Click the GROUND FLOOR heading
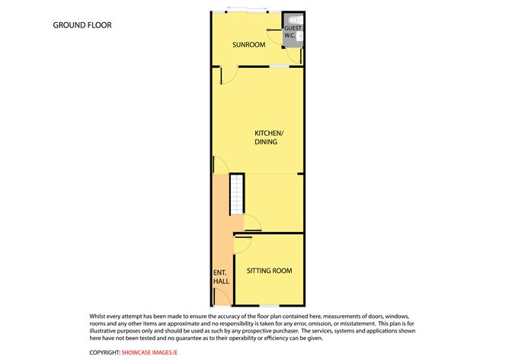82,25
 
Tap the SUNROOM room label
248,45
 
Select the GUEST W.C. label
293,31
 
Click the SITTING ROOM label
269,271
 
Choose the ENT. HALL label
221,277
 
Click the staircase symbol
237,194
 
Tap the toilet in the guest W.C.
294,20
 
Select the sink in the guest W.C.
299,37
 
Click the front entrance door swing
222,297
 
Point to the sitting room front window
270,306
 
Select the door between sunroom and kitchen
229,76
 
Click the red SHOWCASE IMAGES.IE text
149,352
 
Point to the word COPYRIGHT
105,352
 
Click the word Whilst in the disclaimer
98,316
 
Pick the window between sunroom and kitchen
280,66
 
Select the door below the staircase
252,223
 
